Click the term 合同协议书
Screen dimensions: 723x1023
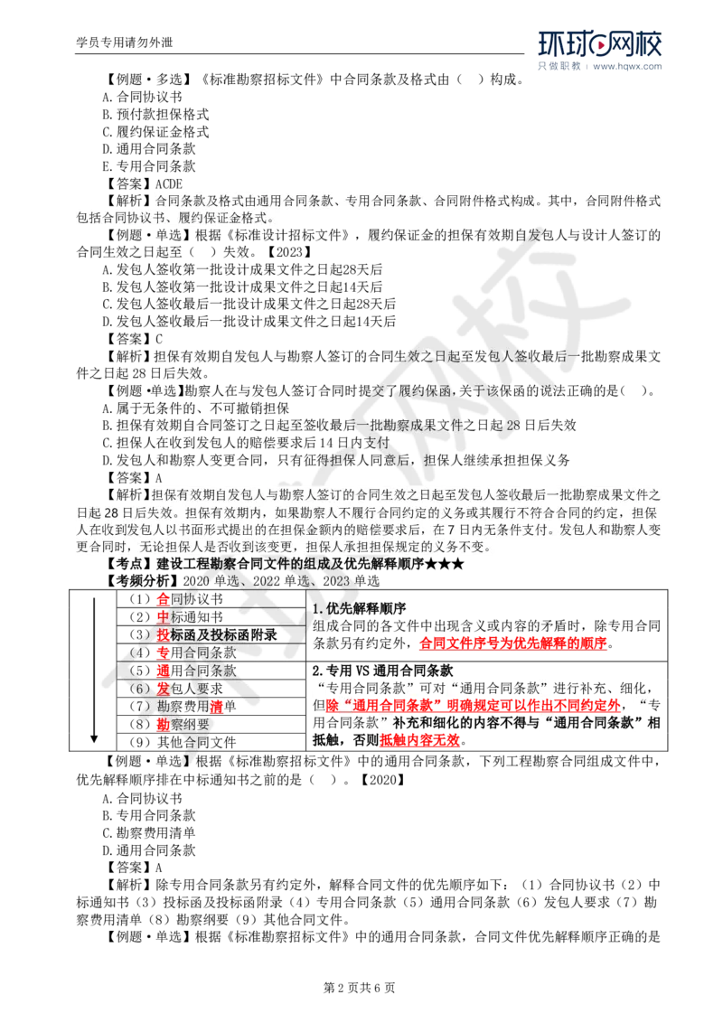[x=157, y=219]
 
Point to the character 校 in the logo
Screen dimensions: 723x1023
[x=647, y=44]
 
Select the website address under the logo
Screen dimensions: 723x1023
[x=629, y=66]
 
